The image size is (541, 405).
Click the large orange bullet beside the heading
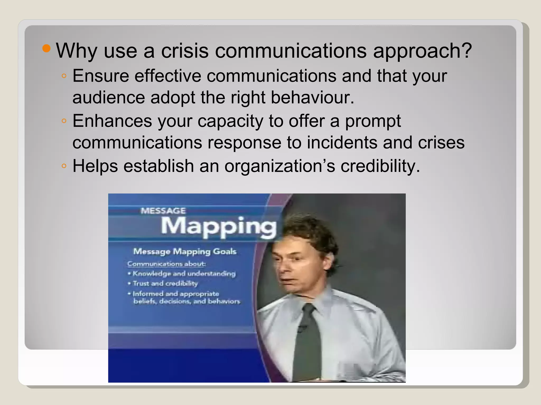(x=46, y=49)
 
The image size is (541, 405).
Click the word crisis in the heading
(x=185, y=51)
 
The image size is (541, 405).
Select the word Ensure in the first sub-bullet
(x=101, y=76)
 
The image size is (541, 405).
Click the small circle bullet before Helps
(x=64, y=166)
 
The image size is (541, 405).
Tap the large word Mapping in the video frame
(x=219, y=226)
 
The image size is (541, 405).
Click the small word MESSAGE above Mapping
(x=163, y=211)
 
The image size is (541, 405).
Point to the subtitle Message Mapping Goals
(x=185, y=252)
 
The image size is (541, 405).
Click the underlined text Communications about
(x=166, y=264)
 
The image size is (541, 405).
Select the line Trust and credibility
(x=165, y=283)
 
